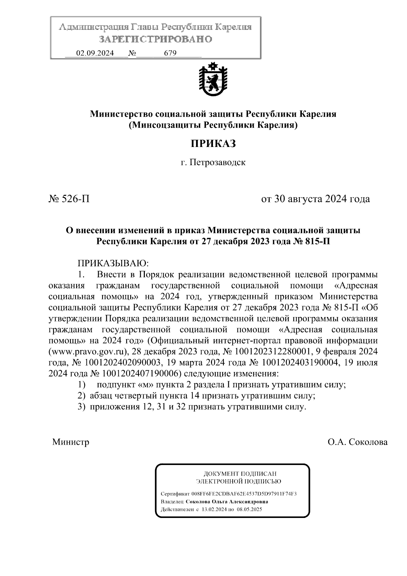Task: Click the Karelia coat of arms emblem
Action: (213, 80)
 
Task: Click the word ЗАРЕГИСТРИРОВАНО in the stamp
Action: (156, 39)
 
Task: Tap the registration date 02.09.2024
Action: (95, 53)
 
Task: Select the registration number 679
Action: (170, 53)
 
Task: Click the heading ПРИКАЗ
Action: (213, 144)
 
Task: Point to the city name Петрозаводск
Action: (217, 162)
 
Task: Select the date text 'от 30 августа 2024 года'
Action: (315, 199)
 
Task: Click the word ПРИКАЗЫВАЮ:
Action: (114, 263)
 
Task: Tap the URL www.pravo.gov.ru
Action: (88, 351)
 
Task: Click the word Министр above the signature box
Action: (71, 442)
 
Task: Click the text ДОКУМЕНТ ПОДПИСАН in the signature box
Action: (239, 473)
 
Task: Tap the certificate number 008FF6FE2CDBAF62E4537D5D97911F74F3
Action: (244, 494)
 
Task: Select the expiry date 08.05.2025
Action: (250, 509)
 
